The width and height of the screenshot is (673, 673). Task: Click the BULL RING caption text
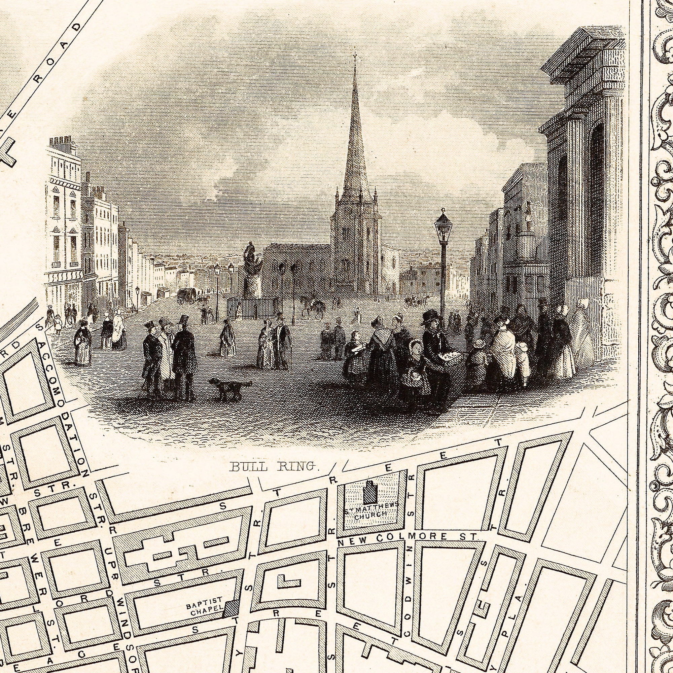coord(274,466)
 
